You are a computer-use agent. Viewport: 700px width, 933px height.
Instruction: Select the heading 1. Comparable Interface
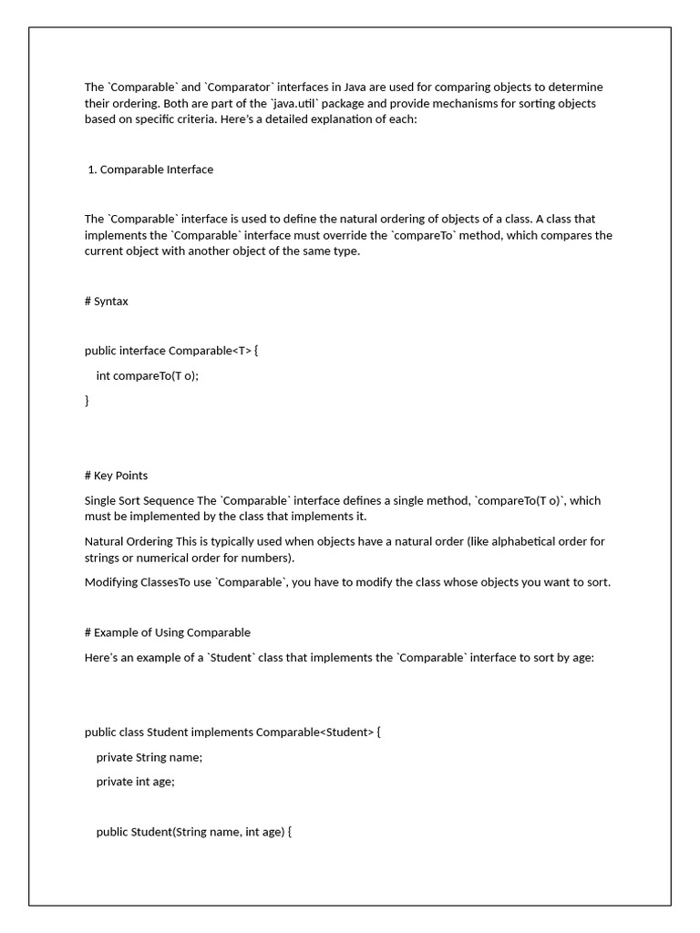tap(150, 169)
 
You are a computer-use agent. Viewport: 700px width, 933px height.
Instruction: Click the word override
tap(361, 236)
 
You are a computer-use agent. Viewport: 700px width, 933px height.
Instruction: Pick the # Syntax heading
tap(107, 302)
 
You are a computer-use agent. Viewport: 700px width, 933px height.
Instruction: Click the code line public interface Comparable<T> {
tap(171, 351)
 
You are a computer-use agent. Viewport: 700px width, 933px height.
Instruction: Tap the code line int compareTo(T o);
tap(147, 375)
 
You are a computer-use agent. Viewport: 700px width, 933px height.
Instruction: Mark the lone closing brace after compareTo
tap(87, 400)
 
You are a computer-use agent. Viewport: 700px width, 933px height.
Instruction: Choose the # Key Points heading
tap(116, 476)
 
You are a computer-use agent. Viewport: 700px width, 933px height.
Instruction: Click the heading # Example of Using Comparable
tap(168, 633)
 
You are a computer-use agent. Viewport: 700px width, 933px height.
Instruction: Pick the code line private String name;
tap(149, 757)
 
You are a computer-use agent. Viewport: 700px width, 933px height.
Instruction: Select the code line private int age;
tap(135, 782)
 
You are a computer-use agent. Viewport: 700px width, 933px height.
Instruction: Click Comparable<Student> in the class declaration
tap(314, 733)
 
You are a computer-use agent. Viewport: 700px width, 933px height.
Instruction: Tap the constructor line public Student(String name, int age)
tap(193, 832)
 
